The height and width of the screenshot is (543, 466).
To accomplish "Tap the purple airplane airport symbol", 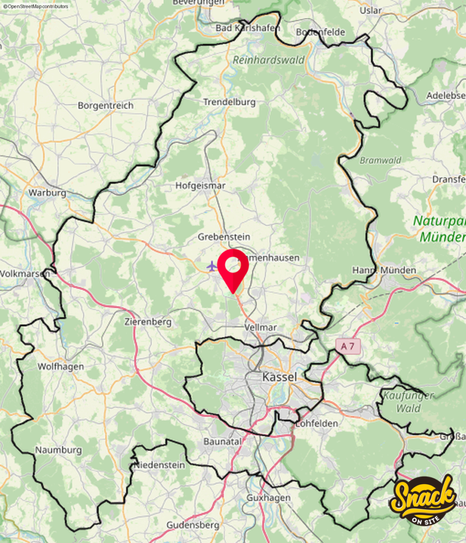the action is pyautogui.click(x=212, y=265).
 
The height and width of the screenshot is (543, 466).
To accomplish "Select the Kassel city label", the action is pyautogui.click(x=279, y=377).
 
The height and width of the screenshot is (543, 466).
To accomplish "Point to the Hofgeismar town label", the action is pyautogui.click(x=200, y=186).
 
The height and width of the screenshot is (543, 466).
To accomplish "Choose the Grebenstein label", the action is pyautogui.click(x=224, y=237).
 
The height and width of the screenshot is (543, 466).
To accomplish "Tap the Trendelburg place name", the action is pyautogui.click(x=230, y=102).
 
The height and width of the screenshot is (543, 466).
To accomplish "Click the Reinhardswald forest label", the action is pyautogui.click(x=268, y=60).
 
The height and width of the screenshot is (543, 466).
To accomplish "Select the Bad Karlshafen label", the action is pyautogui.click(x=248, y=28).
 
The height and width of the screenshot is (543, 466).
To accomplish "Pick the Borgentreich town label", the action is pyautogui.click(x=105, y=105).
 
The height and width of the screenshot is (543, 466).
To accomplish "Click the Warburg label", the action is pyautogui.click(x=47, y=192).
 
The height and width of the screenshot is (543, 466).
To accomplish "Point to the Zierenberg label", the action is pyautogui.click(x=148, y=321).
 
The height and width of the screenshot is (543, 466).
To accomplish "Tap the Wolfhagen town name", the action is pyautogui.click(x=60, y=366).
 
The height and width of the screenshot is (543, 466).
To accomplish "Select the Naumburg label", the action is pyautogui.click(x=58, y=450).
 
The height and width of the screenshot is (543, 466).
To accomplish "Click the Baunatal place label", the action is pyautogui.click(x=223, y=441).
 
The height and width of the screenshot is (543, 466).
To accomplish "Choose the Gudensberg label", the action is pyautogui.click(x=193, y=525).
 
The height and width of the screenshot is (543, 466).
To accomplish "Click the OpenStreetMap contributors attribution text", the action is pyautogui.click(x=35, y=6).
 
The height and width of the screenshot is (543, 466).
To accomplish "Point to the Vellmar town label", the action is pyautogui.click(x=261, y=327).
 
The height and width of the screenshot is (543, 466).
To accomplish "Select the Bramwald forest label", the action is pyautogui.click(x=381, y=160).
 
